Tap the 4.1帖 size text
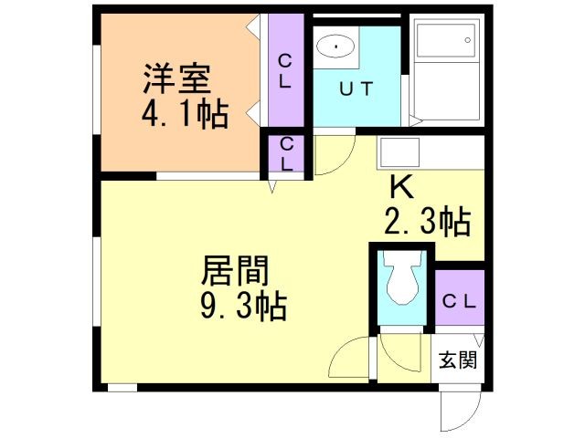pyautogui.click(x=184, y=116)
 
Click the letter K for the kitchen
pyautogui.click(x=402, y=187)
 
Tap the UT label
pyautogui.click(x=356, y=89)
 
